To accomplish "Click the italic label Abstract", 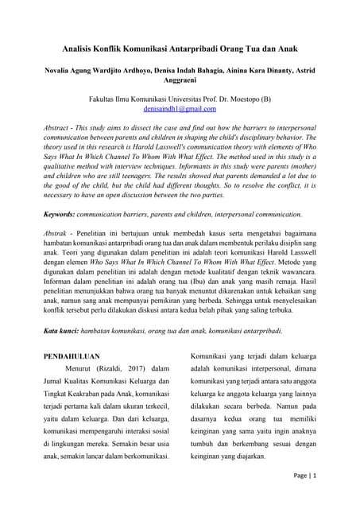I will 60,126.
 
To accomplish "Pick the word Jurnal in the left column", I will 56,383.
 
